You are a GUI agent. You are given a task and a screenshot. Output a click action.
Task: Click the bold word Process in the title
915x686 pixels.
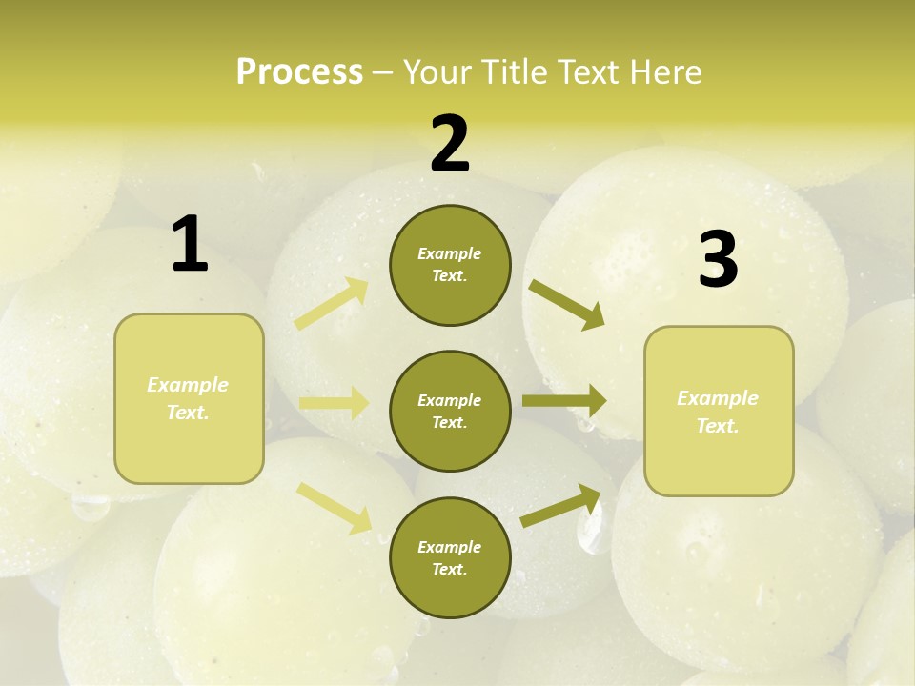pyautogui.click(x=299, y=71)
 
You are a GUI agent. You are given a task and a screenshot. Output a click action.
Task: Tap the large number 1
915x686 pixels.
pyautogui.click(x=190, y=244)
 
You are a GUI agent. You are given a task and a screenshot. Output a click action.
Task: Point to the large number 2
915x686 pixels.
pyautogui.click(x=450, y=144)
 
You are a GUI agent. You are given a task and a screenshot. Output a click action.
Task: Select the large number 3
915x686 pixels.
pyautogui.click(x=718, y=260)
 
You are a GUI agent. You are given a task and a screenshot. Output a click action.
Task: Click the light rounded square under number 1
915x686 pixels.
pyautogui.click(x=189, y=398)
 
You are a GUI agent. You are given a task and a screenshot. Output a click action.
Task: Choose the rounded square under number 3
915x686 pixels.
pyautogui.click(x=719, y=411)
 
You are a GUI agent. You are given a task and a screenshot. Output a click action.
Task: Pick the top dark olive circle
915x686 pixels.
pyautogui.click(x=450, y=265)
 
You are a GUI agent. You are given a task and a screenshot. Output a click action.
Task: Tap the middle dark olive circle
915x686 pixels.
pyautogui.click(x=450, y=411)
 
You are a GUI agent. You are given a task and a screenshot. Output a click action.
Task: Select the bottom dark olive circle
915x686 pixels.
pyautogui.click(x=450, y=557)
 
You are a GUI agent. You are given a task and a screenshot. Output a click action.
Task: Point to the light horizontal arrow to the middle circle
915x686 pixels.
pyautogui.click(x=334, y=403)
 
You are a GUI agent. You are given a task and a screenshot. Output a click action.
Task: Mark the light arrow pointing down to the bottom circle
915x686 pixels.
pyautogui.click(x=335, y=507)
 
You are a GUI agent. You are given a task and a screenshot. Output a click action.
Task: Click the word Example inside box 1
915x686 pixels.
pyautogui.click(x=188, y=385)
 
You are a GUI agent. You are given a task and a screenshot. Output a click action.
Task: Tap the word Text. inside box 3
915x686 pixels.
pyautogui.click(x=718, y=426)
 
